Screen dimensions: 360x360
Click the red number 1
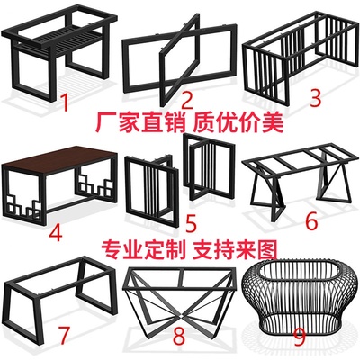65,103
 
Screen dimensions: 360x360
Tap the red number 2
186,100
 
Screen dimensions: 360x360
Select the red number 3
316,98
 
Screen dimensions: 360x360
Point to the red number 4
56,232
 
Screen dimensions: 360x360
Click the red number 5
192,222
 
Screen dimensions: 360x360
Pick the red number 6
311,221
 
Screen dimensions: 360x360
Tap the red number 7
64,336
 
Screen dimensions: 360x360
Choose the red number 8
179,337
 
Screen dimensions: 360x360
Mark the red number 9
300,337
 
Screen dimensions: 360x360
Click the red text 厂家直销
140,123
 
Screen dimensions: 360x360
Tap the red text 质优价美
238,122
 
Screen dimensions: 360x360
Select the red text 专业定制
142,249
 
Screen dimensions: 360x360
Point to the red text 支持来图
235,249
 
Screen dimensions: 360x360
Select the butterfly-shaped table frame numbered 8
181,297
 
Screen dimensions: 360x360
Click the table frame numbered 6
300,180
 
